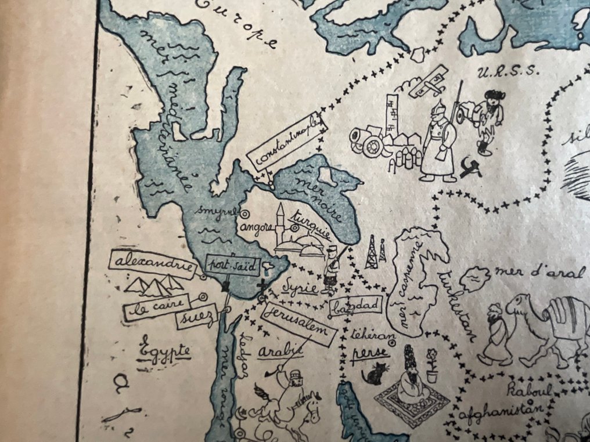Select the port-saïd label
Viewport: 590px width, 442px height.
[223, 265]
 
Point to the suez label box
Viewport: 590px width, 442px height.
[196, 316]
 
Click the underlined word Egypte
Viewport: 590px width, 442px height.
[164, 350]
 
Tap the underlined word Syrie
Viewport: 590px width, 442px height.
[298, 289]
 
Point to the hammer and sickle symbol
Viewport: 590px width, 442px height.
[470, 169]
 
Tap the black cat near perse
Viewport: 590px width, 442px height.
[375, 374]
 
